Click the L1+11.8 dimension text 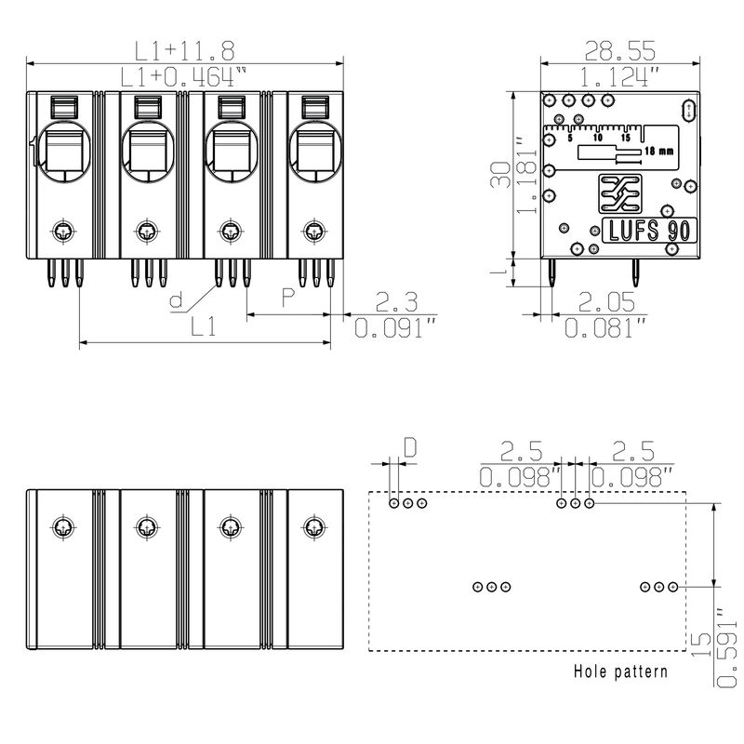184,51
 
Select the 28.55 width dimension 619,51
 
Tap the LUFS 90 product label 649,231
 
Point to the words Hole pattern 620,671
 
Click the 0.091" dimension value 395,327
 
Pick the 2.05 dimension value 606,301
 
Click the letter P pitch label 288,297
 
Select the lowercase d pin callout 177,300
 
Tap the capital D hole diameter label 409,447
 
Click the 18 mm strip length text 658,152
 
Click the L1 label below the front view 203,326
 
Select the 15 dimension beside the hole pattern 702,644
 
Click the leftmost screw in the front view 63,232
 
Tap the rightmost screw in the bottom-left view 313,527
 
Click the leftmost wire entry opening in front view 63,152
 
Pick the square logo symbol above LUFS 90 620,193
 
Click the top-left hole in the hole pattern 393,503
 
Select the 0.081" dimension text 605,327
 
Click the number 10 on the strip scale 598,138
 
